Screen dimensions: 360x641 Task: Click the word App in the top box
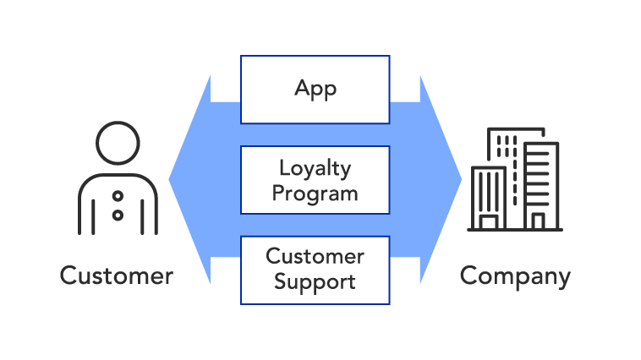(x=315, y=90)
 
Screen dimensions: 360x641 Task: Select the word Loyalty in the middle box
(x=315, y=168)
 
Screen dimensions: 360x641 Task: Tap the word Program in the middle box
(x=315, y=193)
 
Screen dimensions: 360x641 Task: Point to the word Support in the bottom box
(x=315, y=281)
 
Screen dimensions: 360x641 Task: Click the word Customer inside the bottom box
(x=315, y=256)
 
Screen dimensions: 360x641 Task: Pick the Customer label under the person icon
(x=117, y=275)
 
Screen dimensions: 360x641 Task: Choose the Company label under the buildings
(x=515, y=275)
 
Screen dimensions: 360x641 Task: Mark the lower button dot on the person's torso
(x=118, y=215)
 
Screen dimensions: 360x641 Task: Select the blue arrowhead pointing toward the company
(x=441, y=179)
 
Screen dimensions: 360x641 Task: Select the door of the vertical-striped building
(x=488, y=222)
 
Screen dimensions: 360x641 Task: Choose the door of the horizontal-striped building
(x=538, y=221)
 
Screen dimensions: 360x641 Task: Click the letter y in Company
(x=563, y=279)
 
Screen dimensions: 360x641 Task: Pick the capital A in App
(x=302, y=89)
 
